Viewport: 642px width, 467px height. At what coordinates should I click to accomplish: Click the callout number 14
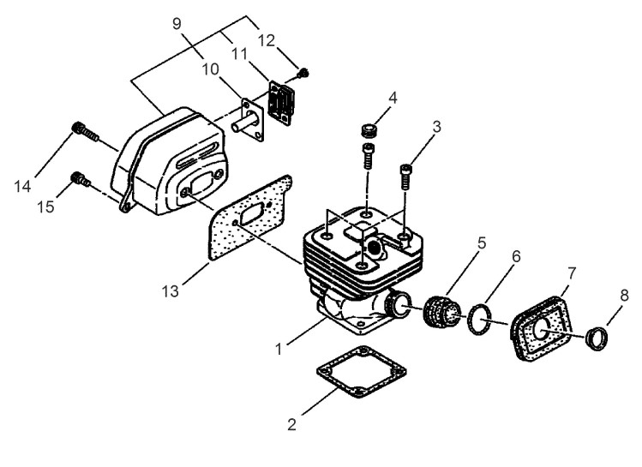coord(22,187)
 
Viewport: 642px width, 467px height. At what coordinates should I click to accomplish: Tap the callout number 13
coord(171,291)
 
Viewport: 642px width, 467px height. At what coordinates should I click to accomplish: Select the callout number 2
coord(291,424)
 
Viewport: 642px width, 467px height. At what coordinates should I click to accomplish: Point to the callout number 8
coord(624,295)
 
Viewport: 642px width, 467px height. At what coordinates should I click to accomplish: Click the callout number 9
coord(177,24)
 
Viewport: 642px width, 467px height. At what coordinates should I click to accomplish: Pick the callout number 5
coord(482,243)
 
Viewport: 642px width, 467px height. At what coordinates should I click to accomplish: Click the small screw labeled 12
coord(303,73)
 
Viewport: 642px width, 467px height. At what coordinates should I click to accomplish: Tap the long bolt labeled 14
coord(85,132)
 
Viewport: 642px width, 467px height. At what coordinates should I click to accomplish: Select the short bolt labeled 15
coord(81,179)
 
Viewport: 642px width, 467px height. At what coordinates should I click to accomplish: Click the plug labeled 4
coord(368,130)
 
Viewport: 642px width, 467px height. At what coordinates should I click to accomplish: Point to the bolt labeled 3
coord(405,176)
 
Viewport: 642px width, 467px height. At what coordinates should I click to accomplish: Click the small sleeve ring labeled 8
coord(597,338)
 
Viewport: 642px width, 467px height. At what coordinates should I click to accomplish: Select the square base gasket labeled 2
coord(362,372)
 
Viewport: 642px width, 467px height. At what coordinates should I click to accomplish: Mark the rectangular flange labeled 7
coord(540,328)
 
